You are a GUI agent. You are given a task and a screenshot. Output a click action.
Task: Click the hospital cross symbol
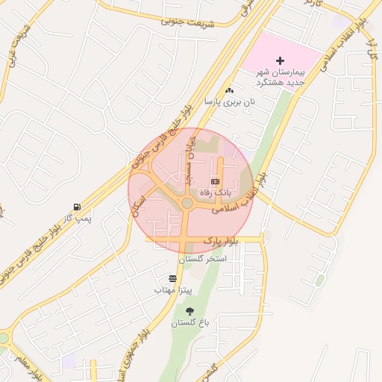pos(281,60)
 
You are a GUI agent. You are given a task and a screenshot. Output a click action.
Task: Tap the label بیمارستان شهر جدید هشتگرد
pos(281,77)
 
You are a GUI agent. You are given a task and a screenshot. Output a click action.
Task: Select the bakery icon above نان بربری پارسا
pos(230,90)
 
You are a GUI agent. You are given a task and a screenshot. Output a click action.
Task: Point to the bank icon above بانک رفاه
pos(216,181)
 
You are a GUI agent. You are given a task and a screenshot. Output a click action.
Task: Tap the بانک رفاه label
pos(216,192)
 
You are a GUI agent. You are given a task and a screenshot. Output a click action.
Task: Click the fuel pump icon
pos(77,207)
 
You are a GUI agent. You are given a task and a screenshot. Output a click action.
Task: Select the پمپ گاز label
pos(77,218)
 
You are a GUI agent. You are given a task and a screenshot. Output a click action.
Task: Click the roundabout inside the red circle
pos(187,204)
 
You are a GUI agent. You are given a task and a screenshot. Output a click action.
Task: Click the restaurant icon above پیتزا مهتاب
pos(174,277)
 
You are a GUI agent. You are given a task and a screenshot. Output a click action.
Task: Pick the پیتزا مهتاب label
pos(174,288)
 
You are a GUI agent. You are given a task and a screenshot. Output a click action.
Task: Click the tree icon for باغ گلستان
pos(189,311)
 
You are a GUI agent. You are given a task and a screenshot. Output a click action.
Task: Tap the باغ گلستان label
pos(189,322)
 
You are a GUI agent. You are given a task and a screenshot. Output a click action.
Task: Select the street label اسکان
pos(140,203)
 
